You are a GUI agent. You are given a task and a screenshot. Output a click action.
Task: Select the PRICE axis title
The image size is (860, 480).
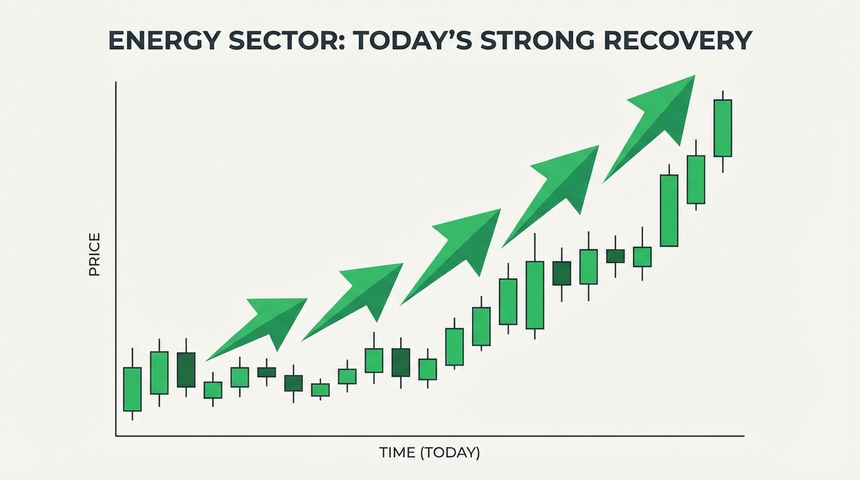click(x=94, y=254)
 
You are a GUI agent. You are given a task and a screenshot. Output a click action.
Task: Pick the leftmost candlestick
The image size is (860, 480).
click(x=132, y=389)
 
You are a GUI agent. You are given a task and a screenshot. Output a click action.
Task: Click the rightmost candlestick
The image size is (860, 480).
click(x=722, y=128)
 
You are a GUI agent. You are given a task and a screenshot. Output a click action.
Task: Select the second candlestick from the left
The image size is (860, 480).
click(x=159, y=372)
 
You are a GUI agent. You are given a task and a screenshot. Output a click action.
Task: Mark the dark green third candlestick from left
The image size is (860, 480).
click(x=186, y=369)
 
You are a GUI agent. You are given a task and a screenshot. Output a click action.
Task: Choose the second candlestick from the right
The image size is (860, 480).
click(x=696, y=179)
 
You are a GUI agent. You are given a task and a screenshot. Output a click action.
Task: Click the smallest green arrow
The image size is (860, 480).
click(x=262, y=325)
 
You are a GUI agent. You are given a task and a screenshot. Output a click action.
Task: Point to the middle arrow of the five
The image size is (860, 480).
click(x=456, y=253)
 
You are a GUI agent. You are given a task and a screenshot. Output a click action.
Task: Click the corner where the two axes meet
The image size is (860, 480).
click(x=116, y=436)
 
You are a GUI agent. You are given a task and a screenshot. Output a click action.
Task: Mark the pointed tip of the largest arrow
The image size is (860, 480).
click(x=694, y=76)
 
